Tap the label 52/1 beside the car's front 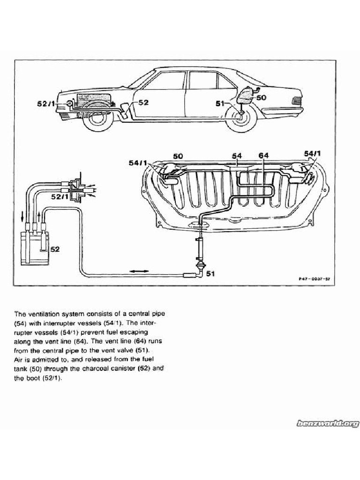[x=46, y=103]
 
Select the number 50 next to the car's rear [x=261, y=97]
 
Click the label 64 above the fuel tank [x=263, y=155]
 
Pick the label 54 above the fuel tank [x=237, y=155]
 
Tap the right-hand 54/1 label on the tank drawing [x=312, y=153]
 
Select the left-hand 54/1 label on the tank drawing [x=138, y=163]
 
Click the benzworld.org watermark [x=327, y=423]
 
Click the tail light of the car [x=296, y=100]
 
